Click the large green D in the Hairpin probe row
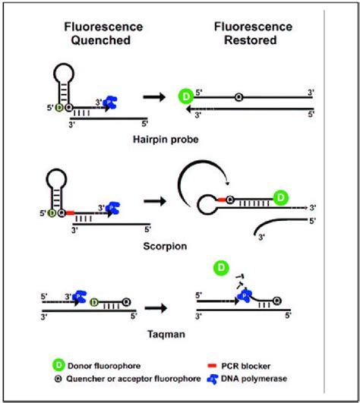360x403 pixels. [x=185, y=97]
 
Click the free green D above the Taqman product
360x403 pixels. [x=221, y=268]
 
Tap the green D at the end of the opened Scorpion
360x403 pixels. [x=280, y=199]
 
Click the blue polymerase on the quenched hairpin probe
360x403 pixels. [x=111, y=101]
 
